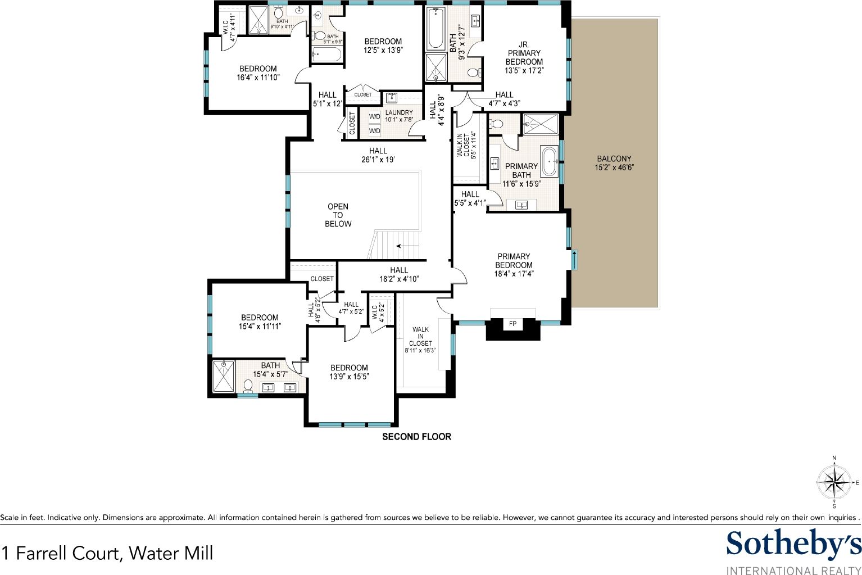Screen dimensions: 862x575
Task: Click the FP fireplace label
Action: click(x=512, y=324)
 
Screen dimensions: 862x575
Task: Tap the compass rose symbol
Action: click(x=833, y=482)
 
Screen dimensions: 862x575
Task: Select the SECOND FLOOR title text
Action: click(x=416, y=436)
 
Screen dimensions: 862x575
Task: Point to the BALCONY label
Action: click(x=614, y=159)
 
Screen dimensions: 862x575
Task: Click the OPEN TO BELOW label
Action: click(x=338, y=215)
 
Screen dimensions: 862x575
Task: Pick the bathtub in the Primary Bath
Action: click(x=549, y=161)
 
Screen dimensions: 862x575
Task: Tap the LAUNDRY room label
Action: click(x=398, y=112)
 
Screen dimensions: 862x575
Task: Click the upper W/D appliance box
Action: click(x=374, y=116)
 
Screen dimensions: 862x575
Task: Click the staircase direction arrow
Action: click(x=407, y=246)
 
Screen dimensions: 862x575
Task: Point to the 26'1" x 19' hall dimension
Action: click(x=378, y=159)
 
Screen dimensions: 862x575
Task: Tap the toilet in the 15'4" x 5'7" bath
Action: click(x=248, y=386)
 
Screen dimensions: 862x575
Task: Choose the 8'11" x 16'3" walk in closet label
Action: click(x=420, y=340)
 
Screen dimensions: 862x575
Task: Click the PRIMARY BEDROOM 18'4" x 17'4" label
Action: click(x=514, y=265)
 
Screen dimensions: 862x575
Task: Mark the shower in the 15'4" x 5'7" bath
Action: click(x=224, y=377)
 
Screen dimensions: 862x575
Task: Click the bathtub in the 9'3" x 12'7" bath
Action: click(x=436, y=28)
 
